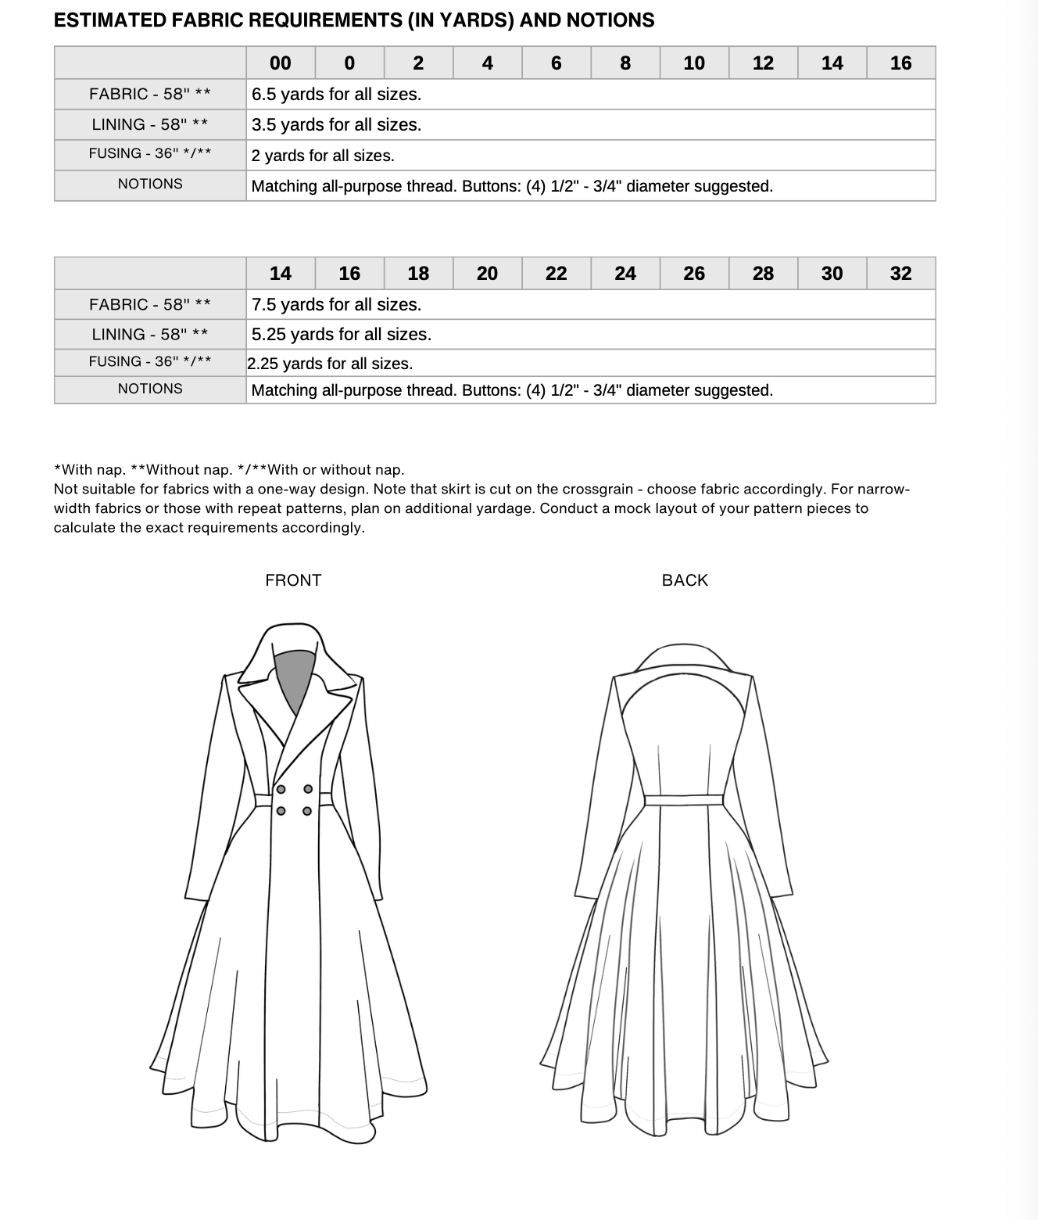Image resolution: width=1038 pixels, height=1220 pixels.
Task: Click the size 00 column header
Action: point(280,63)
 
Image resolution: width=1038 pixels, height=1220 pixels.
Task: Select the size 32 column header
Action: point(900,274)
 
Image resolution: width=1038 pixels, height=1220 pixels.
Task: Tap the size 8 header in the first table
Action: point(625,63)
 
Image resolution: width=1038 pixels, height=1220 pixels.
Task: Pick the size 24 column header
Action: point(625,274)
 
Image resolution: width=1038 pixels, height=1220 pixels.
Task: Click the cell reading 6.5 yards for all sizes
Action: point(336,95)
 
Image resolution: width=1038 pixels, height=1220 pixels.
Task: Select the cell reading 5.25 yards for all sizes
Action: point(341,335)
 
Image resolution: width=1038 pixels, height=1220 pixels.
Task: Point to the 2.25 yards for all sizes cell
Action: point(330,364)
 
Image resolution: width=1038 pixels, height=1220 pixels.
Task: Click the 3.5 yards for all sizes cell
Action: point(336,125)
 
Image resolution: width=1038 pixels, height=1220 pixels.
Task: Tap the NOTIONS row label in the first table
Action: point(150,185)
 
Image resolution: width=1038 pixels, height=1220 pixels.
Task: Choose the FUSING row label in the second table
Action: point(150,362)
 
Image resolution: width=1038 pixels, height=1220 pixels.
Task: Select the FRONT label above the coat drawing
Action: point(293,580)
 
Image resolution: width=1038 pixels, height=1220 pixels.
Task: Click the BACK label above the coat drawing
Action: point(685,580)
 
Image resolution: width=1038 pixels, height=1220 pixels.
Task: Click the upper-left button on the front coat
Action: point(281,789)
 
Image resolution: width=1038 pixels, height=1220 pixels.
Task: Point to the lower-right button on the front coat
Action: point(307,811)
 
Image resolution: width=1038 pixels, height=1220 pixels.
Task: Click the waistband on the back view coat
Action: point(684,799)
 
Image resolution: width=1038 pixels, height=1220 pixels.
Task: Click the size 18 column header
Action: point(418,274)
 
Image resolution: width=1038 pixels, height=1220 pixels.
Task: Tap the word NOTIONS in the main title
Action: point(610,20)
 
